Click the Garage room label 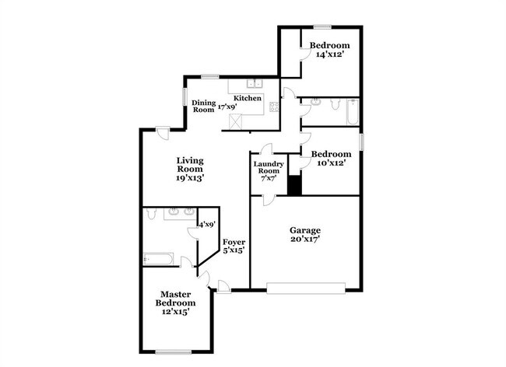[x=305, y=230]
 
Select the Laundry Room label [x=269, y=167]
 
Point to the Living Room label [x=190, y=165]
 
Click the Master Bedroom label [x=175, y=299]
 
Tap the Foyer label [x=234, y=242]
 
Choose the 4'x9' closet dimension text [x=207, y=224]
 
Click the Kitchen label [x=248, y=98]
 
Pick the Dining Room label [x=204, y=106]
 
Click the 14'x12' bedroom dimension [x=329, y=54]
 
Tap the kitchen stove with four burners [x=274, y=107]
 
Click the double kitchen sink [x=255, y=83]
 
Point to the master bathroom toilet [x=150, y=213]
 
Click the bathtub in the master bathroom [x=159, y=259]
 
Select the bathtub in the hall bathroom [x=353, y=112]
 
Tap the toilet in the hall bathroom [x=336, y=104]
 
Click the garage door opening [x=306, y=288]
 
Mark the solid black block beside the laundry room [x=294, y=185]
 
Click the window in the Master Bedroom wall [x=174, y=352]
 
